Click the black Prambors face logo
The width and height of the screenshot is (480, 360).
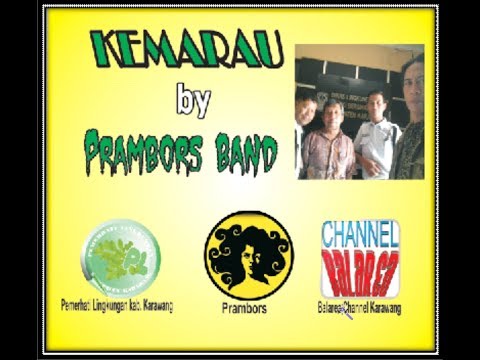(x=249, y=254)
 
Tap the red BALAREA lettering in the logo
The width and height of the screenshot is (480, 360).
(x=360, y=265)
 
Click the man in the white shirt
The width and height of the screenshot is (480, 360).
(x=376, y=140)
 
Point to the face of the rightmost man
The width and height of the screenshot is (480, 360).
(x=412, y=78)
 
